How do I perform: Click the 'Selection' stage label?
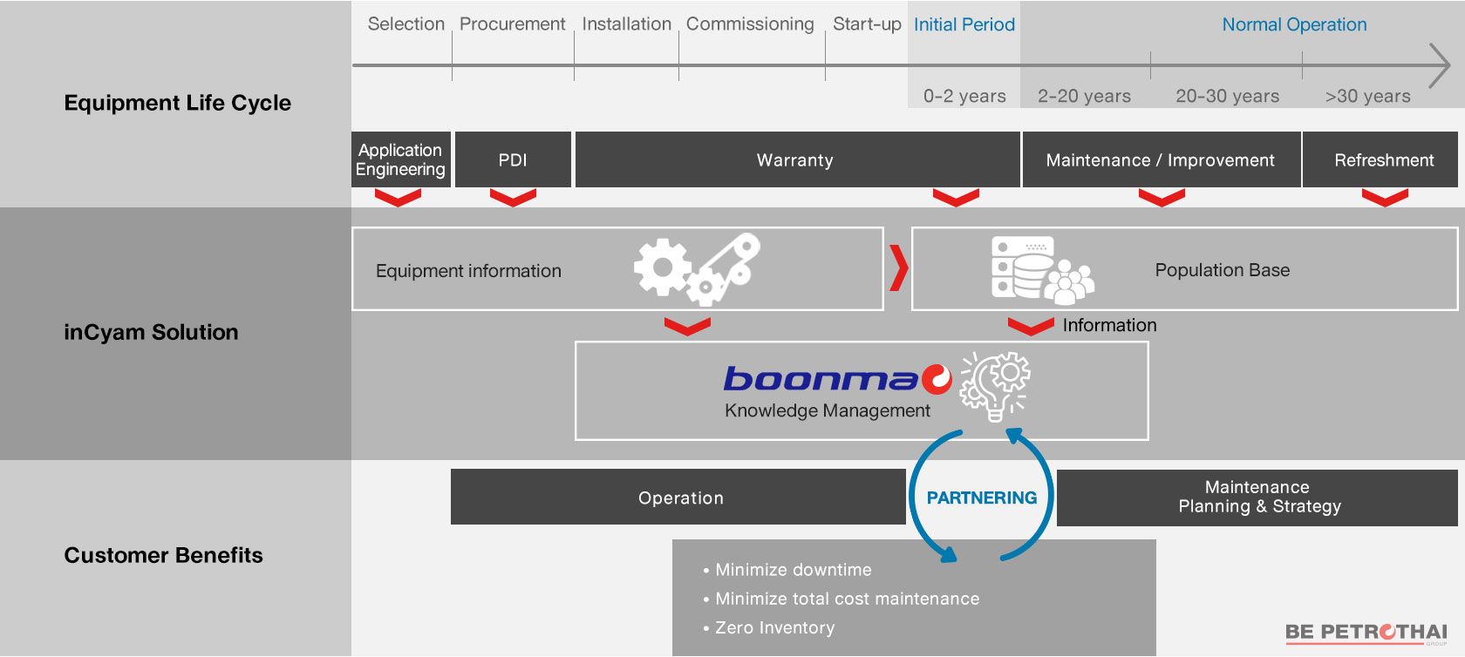[405, 24]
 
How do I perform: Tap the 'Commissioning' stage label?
[750, 24]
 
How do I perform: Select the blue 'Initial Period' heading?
[964, 24]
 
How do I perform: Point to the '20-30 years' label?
[1227, 96]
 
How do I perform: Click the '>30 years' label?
[1367, 96]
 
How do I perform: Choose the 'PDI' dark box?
[513, 159]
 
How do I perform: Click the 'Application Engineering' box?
[400, 159]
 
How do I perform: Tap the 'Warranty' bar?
[795, 159]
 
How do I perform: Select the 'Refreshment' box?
[1384, 159]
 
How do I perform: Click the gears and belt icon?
[697, 269]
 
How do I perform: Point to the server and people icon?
[1041, 268]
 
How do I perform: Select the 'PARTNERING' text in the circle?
[981, 498]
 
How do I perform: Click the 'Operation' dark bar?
[680, 498]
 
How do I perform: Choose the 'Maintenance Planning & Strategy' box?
[1258, 497]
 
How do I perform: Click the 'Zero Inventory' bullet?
[774, 627]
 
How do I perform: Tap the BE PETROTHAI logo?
[1366, 633]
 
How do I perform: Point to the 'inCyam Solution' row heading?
[151, 332]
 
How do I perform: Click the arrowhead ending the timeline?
[1441, 65]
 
